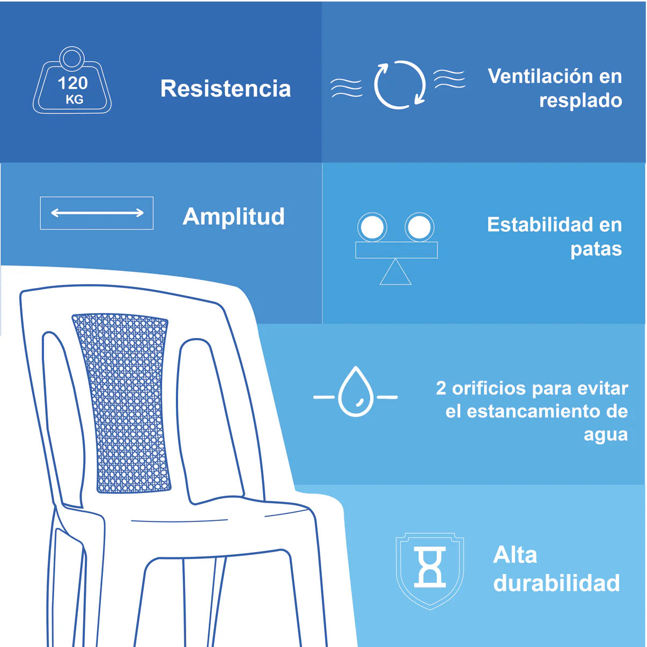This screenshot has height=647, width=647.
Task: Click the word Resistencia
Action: pyautogui.click(x=225, y=89)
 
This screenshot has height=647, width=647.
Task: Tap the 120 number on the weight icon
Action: pyautogui.click(x=72, y=83)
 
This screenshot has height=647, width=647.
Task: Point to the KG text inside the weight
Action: pyautogui.click(x=74, y=100)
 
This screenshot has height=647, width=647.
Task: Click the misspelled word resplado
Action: pyautogui.click(x=580, y=101)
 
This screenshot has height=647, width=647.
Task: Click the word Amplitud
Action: pyautogui.click(x=233, y=216)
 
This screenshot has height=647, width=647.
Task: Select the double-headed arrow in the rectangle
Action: pyautogui.click(x=97, y=212)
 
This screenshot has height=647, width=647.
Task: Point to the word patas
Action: pyautogui.click(x=596, y=249)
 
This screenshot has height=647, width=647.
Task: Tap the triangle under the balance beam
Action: pyautogui.click(x=395, y=271)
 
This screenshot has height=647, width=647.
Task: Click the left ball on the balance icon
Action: pyautogui.click(x=372, y=227)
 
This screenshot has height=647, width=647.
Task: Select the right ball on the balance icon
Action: pyautogui.click(x=420, y=227)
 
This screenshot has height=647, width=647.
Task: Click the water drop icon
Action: pyautogui.click(x=356, y=392)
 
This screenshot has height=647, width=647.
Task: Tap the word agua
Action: pyautogui.click(x=605, y=436)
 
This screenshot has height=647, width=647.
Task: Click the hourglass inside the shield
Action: pyautogui.click(x=430, y=567)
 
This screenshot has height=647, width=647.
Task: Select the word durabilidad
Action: pyautogui.click(x=556, y=583)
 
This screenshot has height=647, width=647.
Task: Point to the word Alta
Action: pyautogui.click(x=515, y=555)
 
